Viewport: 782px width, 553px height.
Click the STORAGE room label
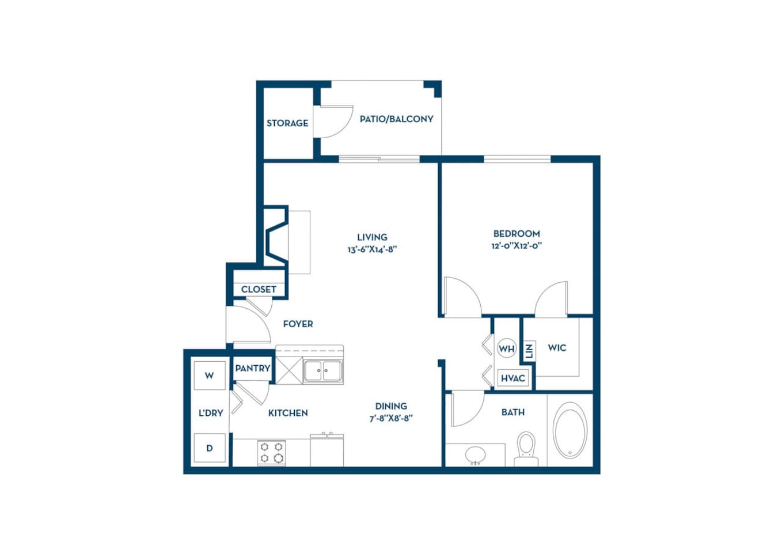click(x=287, y=123)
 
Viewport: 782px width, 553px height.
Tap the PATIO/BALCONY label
click(x=396, y=119)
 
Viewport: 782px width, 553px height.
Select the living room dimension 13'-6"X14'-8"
click(x=372, y=249)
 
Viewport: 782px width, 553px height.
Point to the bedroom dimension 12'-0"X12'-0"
click(x=517, y=245)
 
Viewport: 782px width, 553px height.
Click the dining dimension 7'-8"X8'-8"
click(x=391, y=419)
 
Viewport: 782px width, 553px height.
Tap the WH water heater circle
click(x=506, y=349)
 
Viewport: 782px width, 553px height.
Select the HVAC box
click(x=513, y=378)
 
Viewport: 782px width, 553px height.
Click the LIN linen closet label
click(x=529, y=350)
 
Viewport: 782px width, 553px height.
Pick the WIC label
click(x=557, y=348)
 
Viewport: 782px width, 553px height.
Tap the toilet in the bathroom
click(x=526, y=446)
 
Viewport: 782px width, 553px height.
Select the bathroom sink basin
click(x=476, y=454)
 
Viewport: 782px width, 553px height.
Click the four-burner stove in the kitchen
click(x=271, y=452)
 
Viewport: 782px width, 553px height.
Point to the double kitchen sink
click(x=322, y=371)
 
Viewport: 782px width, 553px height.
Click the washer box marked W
click(x=209, y=376)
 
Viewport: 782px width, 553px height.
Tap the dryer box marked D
click(x=209, y=448)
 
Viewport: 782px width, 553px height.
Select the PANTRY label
click(x=252, y=368)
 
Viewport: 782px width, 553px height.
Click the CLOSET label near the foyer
click(x=259, y=289)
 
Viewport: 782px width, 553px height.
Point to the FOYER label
click(x=298, y=324)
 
